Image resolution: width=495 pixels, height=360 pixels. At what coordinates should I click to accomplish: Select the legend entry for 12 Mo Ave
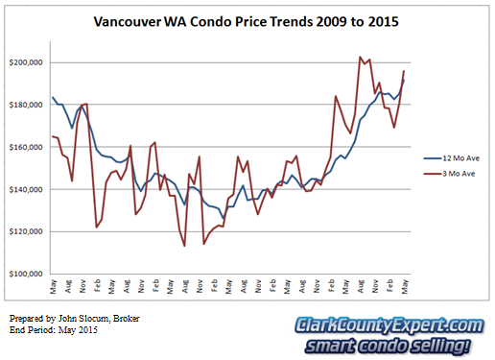(x=452, y=158)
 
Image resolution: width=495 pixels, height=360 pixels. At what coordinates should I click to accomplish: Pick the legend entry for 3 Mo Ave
(x=449, y=174)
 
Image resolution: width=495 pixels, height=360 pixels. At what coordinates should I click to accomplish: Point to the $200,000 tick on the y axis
(x=26, y=62)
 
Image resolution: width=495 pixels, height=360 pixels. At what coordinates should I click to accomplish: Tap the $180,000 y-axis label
(x=26, y=105)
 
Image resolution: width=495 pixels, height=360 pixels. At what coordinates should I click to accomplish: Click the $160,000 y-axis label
(x=26, y=147)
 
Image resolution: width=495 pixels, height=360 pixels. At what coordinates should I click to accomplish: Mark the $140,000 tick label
(x=26, y=189)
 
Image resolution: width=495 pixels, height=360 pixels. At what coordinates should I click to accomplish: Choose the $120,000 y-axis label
(x=26, y=231)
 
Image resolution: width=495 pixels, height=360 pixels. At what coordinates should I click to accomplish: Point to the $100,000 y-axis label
(x=26, y=274)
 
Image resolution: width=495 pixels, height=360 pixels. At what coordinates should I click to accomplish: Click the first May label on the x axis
(x=53, y=286)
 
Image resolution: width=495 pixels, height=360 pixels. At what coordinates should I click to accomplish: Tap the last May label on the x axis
(x=405, y=286)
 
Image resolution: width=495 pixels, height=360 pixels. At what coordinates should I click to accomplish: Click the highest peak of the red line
(x=360, y=57)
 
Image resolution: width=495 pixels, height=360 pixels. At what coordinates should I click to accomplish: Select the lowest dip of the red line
(x=184, y=246)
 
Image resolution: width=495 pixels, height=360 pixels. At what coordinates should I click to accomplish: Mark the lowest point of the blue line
(x=224, y=219)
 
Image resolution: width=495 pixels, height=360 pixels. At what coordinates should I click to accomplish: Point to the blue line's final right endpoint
(x=404, y=80)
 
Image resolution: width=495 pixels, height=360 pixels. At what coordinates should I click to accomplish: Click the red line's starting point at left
(x=53, y=136)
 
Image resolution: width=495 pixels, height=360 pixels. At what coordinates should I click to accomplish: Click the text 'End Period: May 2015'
(x=54, y=330)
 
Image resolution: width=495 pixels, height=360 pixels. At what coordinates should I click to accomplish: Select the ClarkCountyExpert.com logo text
(x=389, y=325)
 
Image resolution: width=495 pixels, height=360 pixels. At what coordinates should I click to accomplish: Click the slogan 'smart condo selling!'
(x=388, y=346)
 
